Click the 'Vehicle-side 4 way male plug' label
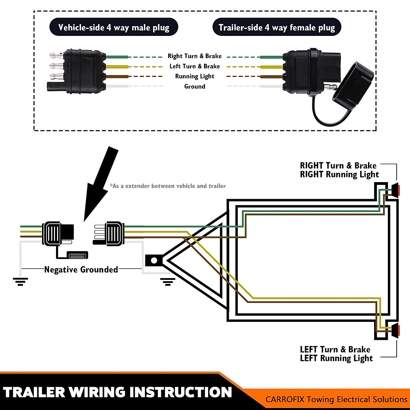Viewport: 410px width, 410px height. [114, 27]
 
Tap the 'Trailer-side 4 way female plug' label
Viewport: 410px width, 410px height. [277, 27]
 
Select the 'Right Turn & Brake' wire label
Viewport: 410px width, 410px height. [194, 56]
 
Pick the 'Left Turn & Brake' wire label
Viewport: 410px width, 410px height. [194, 66]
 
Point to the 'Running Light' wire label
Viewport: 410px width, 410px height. [194, 76]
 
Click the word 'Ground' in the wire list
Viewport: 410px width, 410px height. [194, 86]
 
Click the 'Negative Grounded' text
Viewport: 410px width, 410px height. [81, 270]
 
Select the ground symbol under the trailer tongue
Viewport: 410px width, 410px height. [167, 282]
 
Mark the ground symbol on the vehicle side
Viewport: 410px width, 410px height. [20, 282]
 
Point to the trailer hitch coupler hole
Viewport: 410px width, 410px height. [154, 260]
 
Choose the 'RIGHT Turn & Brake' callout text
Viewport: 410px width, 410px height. [338, 166]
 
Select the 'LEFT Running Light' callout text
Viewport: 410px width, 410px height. [336, 358]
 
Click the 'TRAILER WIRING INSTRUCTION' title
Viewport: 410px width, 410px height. [117, 392]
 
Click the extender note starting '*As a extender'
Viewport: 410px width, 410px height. [167, 186]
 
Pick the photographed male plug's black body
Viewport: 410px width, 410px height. [84, 72]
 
